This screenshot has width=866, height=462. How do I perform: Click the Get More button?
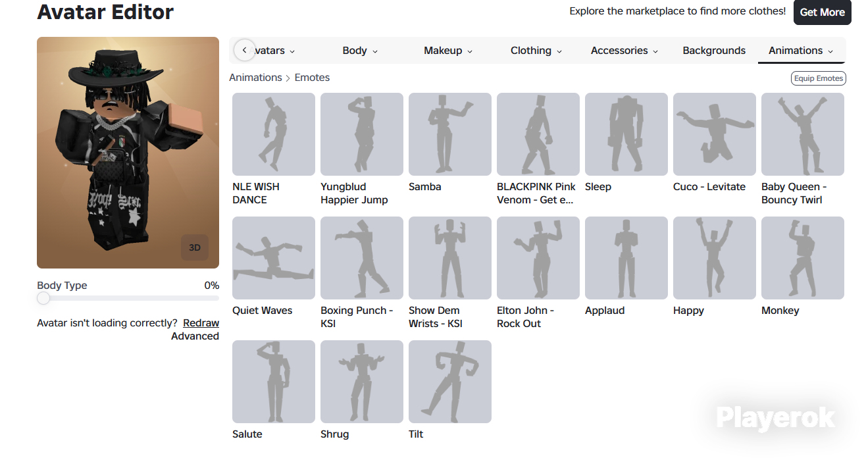pyautogui.click(x=822, y=12)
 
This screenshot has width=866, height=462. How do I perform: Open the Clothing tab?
pyautogui.click(x=536, y=51)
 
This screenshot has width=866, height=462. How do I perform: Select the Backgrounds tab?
pyautogui.click(x=714, y=51)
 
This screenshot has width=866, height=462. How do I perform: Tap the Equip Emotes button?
pyautogui.click(x=818, y=78)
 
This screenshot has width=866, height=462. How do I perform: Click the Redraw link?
pyautogui.click(x=201, y=323)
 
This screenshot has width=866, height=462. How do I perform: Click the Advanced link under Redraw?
pyautogui.click(x=195, y=336)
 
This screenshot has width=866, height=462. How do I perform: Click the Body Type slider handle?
pyautogui.click(x=43, y=298)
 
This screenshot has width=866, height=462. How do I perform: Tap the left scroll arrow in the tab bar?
pyautogui.click(x=244, y=50)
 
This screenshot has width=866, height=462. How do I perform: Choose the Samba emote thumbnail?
pyautogui.click(x=450, y=134)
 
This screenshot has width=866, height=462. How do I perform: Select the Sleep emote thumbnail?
pyautogui.click(x=626, y=134)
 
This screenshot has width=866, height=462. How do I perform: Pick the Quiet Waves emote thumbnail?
pyautogui.click(x=274, y=258)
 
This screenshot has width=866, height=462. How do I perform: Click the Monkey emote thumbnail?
pyautogui.click(x=803, y=258)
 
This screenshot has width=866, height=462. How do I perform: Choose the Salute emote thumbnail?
pyautogui.click(x=274, y=382)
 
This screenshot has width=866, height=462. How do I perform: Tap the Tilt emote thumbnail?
pyautogui.click(x=450, y=382)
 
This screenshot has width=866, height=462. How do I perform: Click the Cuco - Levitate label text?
pyautogui.click(x=709, y=187)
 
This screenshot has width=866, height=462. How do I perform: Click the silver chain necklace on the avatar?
pyautogui.click(x=111, y=122)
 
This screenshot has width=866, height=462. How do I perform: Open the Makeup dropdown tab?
pyautogui.click(x=447, y=51)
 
